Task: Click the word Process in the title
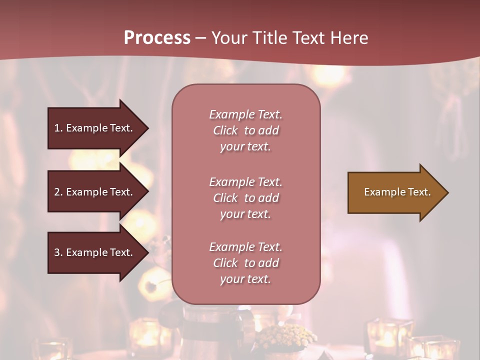[157, 38]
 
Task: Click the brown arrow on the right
[395, 192]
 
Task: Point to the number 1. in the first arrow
[58, 128]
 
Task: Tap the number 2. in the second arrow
[58, 192]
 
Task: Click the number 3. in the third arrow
[58, 252]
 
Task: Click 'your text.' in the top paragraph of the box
[245, 147]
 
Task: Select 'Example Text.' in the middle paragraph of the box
[245, 182]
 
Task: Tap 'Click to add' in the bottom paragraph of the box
[245, 263]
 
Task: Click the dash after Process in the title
[201, 38]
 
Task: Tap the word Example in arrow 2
[87, 192]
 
